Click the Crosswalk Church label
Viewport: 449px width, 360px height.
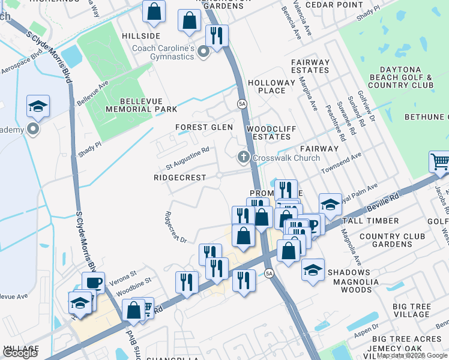(286, 158)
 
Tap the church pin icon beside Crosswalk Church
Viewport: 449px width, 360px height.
(243, 158)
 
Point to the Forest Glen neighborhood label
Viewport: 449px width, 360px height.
(204, 127)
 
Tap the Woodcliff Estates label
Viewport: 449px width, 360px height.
(268, 133)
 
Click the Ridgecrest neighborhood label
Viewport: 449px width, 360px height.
(180, 178)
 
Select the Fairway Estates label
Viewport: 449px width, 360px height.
(310, 66)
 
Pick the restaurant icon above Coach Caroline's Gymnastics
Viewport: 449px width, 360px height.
(216, 35)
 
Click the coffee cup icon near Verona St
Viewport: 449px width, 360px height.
(93, 283)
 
